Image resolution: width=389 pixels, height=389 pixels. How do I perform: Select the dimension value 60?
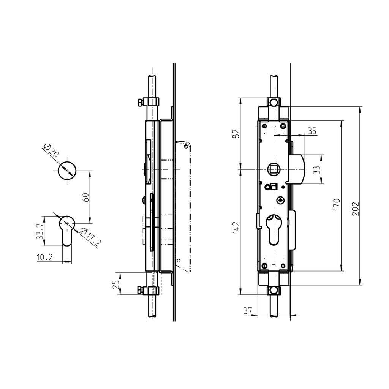(86, 197)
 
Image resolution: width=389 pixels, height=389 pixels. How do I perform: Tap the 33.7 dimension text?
(39, 231)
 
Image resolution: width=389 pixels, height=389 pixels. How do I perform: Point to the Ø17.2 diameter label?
(89, 238)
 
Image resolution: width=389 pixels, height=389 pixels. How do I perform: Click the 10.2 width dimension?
(44, 258)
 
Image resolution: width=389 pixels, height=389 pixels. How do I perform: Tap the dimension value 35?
(312, 131)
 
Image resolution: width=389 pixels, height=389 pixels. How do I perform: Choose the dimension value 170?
(336, 206)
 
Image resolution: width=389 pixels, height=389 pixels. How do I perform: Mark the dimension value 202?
(355, 208)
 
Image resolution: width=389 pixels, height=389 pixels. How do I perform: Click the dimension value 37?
(248, 311)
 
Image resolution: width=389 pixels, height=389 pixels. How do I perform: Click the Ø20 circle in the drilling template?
(67, 171)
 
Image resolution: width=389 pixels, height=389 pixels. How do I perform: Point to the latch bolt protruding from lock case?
(297, 169)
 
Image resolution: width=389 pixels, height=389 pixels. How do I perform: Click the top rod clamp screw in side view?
(140, 102)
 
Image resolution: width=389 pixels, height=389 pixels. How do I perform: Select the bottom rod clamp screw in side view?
(140, 291)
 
